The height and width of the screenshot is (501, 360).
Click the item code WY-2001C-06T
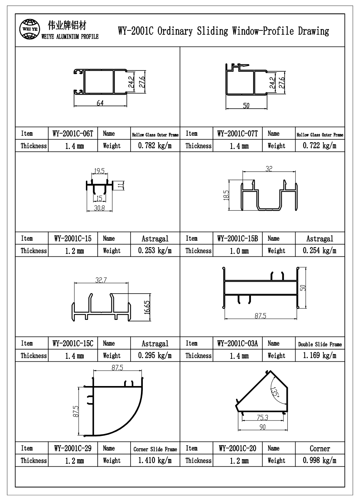click(73, 134)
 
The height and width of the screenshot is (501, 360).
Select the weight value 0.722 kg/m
click(320, 146)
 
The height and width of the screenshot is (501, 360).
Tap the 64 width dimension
click(100, 103)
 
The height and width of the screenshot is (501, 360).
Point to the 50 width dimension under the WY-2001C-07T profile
click(246, 106)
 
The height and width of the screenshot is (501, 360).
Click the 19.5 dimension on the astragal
click(99, 171)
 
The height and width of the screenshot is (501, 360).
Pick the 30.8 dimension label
click(99, 208)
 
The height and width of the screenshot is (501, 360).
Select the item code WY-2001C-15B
click(237, 239)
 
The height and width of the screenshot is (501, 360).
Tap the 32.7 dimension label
click(101, 280)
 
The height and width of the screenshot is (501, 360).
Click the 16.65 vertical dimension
click(147, 307)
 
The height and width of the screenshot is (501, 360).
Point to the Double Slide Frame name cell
click(320, 344)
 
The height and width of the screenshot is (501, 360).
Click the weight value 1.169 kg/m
click(320, 356)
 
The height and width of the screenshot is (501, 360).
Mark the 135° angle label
click(276, 396)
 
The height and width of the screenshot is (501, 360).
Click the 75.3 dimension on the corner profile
click(262, 417)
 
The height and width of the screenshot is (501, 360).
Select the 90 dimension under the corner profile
click(262, 427)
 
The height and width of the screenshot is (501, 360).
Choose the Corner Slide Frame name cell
click(155, 449)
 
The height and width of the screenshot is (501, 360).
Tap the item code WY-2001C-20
click(237, 448)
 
